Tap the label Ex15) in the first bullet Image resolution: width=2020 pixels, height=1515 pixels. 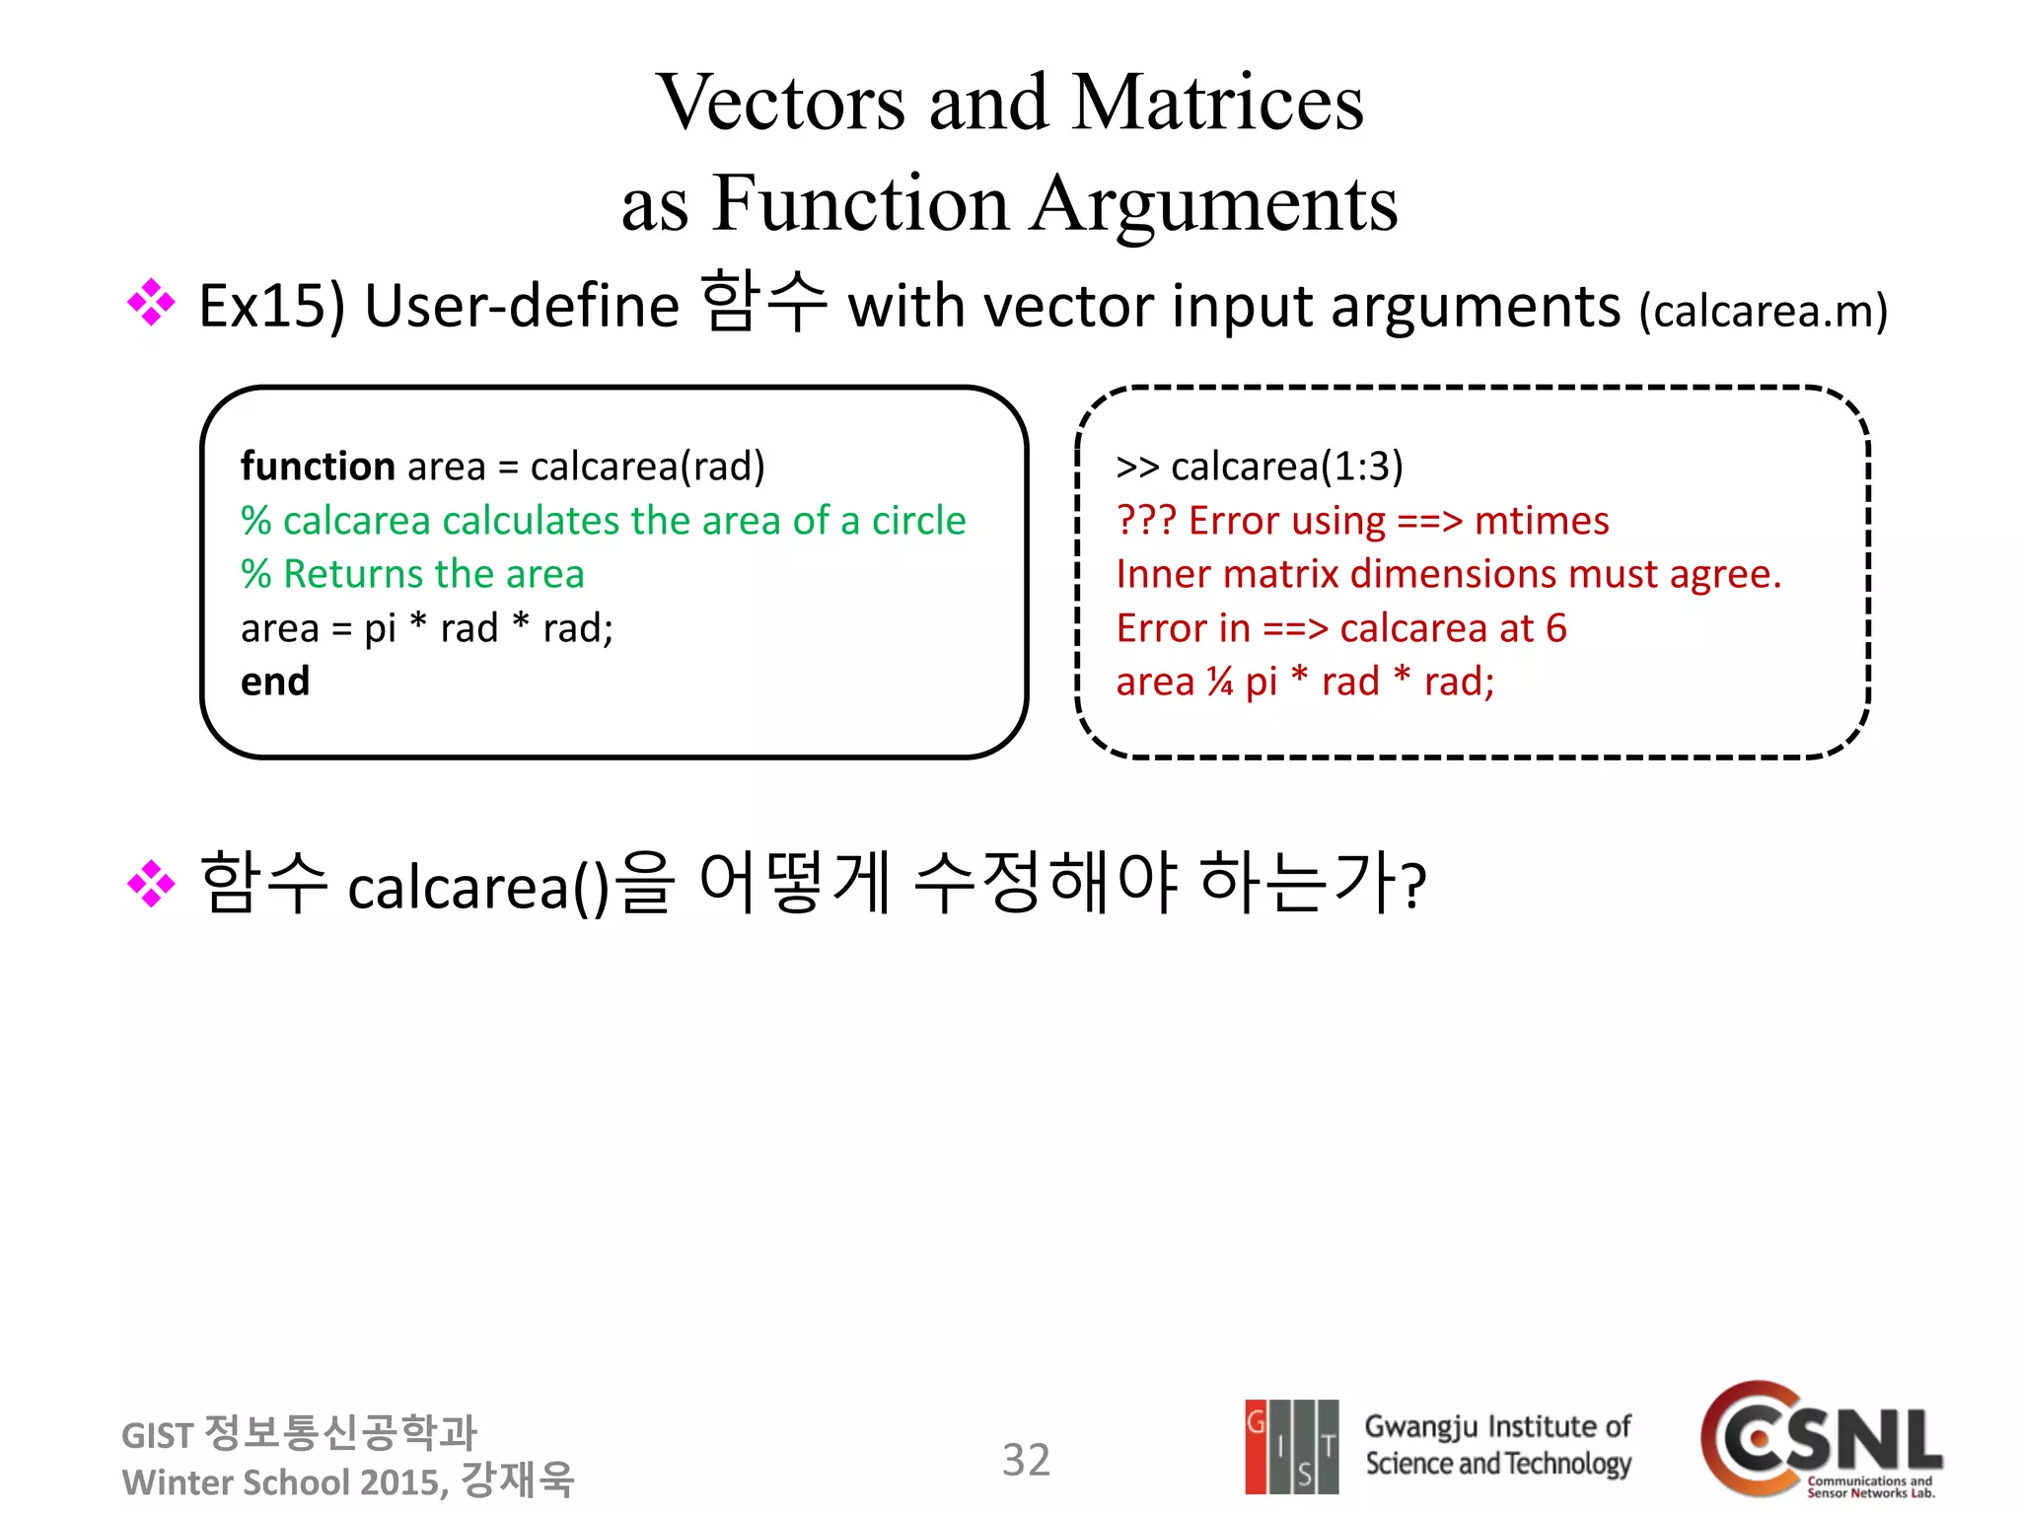tap(271, 306)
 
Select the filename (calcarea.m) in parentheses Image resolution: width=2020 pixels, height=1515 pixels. tap(1763, 311)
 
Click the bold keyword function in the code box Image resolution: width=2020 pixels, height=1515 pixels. tap(318, 467)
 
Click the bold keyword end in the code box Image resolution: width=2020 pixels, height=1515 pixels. tap(275, 682)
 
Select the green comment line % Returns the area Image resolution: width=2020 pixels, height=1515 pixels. tap(412, 574)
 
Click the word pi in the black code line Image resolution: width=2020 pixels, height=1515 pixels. tap(380, 628)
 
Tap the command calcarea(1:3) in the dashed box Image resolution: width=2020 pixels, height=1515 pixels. tap(1286, 467)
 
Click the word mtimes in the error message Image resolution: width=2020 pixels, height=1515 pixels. tap(1541, 521)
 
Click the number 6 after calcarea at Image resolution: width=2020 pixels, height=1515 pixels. tap(1555, 628)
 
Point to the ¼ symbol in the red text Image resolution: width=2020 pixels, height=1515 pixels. tap(1220, 682)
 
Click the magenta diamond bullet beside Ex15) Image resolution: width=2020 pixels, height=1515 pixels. tap(151, 303)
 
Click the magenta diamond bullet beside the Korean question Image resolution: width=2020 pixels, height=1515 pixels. tap(151, 883)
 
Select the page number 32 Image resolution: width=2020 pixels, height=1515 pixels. tap(1026, 1460)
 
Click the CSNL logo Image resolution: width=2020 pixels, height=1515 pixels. tap(1821, 1438)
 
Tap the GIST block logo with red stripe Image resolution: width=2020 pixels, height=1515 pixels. tap(1291, 1446)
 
